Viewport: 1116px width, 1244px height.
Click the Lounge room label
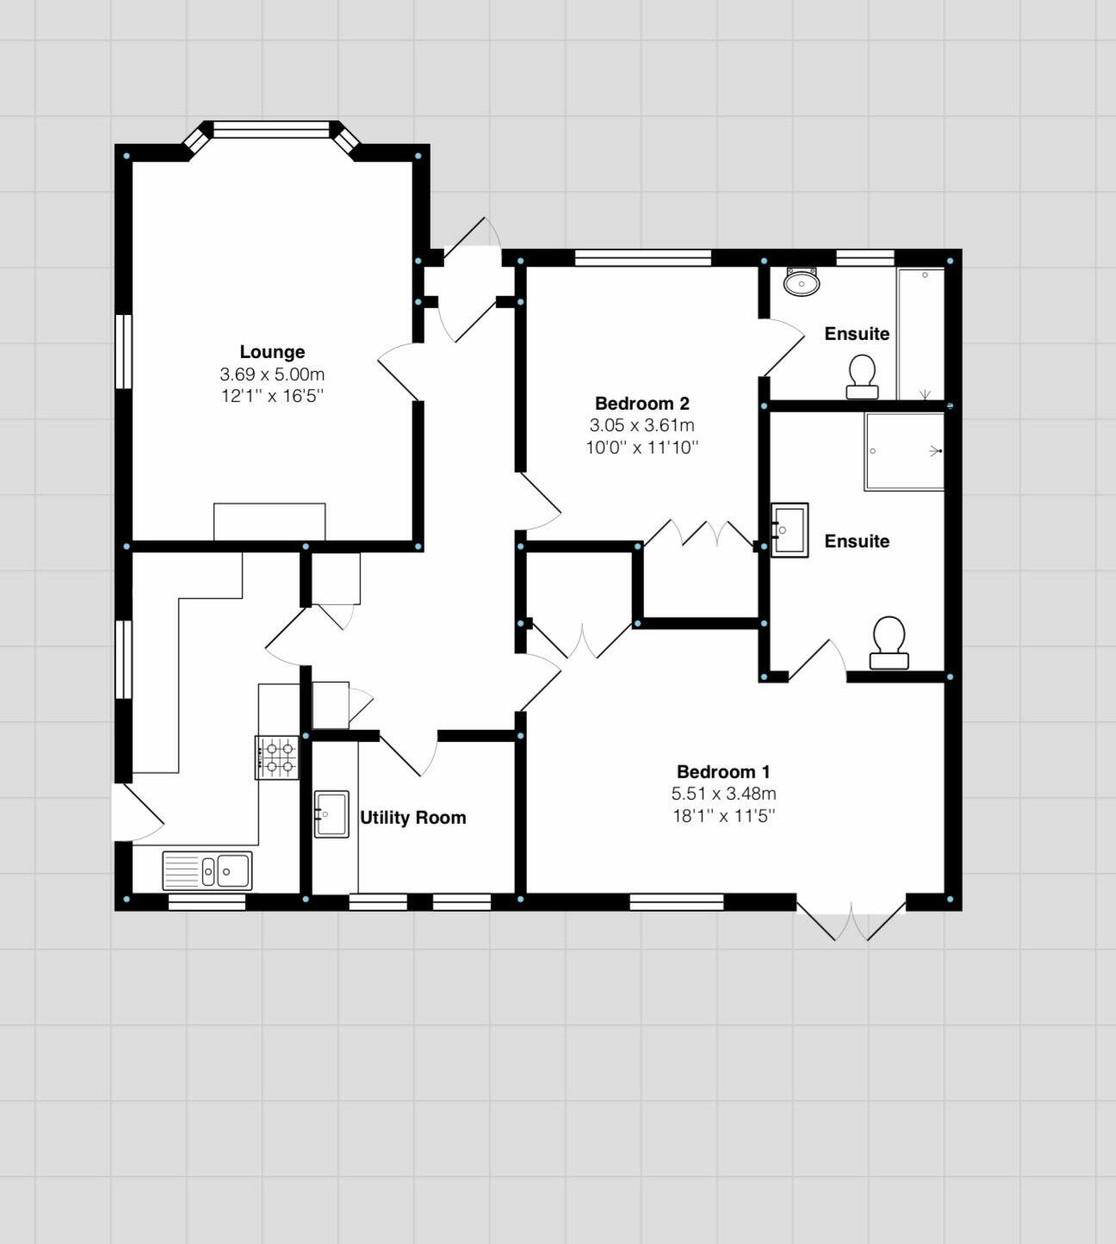[x=272, y=351]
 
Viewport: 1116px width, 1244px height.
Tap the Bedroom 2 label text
[x=642, y=403]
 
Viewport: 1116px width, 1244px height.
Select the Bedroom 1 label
[x=723, y=771]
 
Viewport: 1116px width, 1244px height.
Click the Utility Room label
[x=412, y=817]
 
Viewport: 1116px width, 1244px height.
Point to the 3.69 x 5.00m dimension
[x=272, y=374]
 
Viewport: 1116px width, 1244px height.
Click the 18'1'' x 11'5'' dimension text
[x=723, y=815]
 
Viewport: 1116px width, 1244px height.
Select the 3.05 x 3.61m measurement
[x=642, y=425]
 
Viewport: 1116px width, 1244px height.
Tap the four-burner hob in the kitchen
[x=276, y=758]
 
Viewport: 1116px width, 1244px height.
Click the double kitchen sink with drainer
[x=207, y=870]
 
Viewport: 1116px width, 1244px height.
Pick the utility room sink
[x=331, y=814]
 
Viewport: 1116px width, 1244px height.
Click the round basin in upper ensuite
[x=802, y=282]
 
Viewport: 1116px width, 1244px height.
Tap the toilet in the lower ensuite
[x=889, y=643]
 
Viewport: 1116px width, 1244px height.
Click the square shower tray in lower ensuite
[x=904, y=452]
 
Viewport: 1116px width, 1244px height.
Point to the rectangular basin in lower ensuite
[x=789, y=530]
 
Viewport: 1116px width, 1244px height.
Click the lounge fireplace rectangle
[x=270, y=522]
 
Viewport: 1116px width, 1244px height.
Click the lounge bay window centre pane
[x=271, y=130]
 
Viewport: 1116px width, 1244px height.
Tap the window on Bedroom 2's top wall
[x=642, y=257]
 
